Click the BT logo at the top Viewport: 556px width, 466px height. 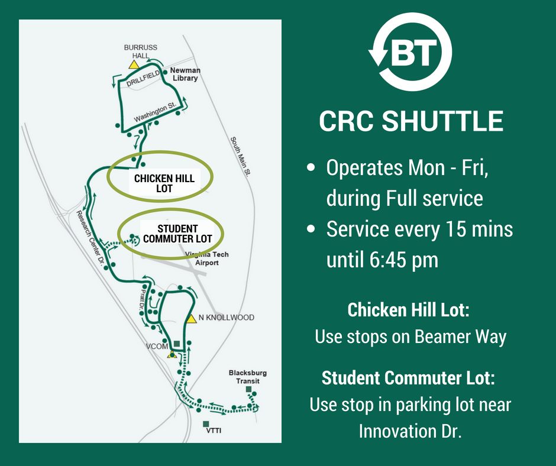click(410, 52)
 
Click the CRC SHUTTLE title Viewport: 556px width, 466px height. click(411, 121)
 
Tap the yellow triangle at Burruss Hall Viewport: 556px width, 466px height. click(134, 64)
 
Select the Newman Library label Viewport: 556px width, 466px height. click(185, 74)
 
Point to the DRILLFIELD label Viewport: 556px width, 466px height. click(143, 78)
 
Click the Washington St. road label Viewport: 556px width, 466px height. click(155, 112)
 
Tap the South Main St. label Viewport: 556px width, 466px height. click(240, 156)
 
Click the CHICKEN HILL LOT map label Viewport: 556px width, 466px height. click(164, 183)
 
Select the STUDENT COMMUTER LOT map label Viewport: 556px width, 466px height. click(177, 234)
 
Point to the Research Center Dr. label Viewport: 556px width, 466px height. click(90, 238)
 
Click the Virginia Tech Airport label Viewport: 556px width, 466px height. click(207, 258)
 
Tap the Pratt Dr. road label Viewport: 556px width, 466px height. click(142, 300)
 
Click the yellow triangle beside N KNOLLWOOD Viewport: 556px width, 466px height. click(191, 319)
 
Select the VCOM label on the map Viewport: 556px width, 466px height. click(157, 346)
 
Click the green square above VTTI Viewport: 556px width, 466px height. click(206, 424)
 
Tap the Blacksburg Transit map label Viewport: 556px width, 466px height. click(247, 377)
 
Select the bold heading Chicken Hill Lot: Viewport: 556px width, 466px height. click(409, 310)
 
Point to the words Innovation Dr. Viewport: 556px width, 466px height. click(410, 431)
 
